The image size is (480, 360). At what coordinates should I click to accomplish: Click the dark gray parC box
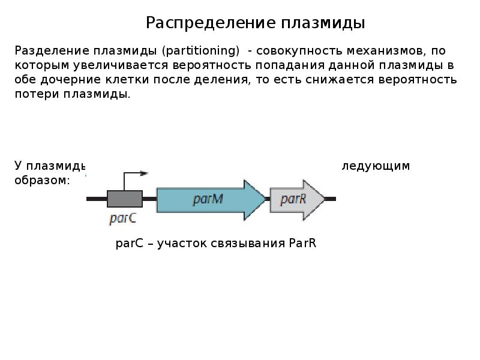click(125, 199)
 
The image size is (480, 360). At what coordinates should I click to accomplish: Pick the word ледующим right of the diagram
click(376, 166)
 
